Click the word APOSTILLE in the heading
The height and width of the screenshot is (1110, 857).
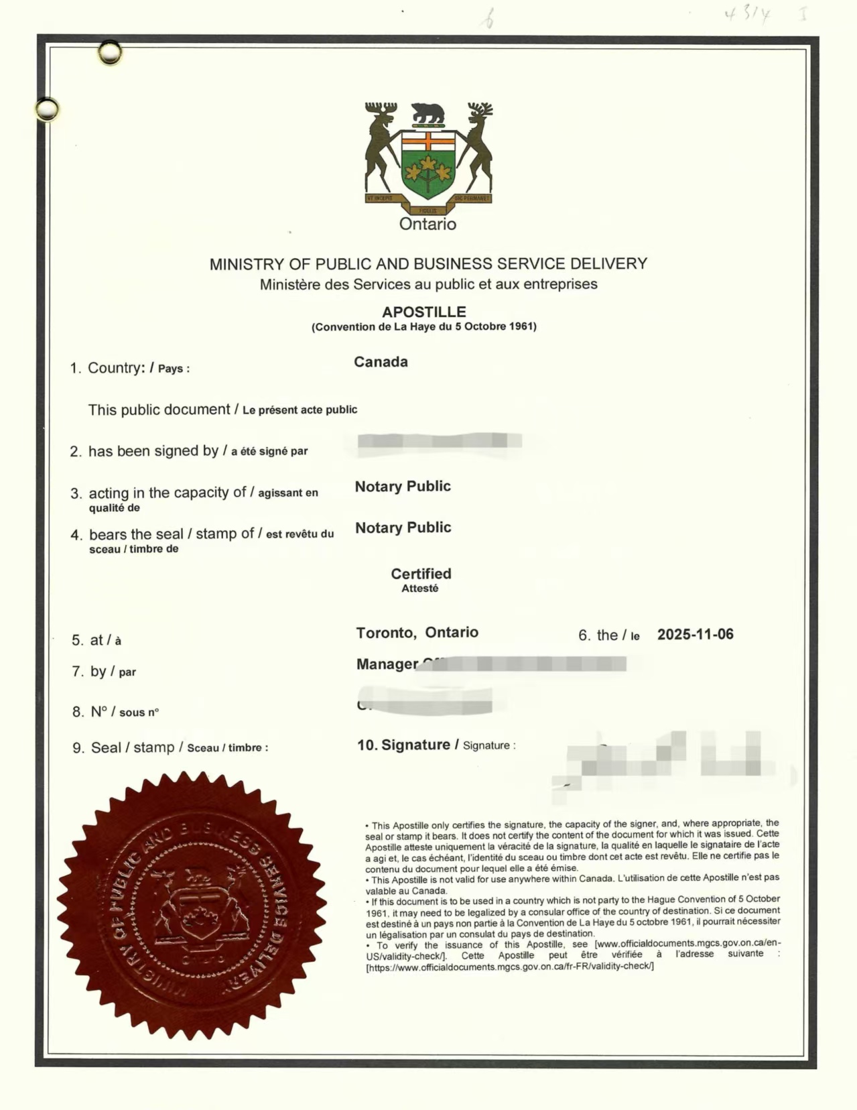pos(423,312)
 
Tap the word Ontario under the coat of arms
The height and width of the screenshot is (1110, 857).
pos(427,224)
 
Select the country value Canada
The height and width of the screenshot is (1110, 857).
pos(381,362)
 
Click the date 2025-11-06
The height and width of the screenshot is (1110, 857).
pos(695,634)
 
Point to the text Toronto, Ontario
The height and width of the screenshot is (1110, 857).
pos(417,632)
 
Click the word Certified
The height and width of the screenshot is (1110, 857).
pos(421,574)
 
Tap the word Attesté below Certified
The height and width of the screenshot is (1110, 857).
pos(419,589)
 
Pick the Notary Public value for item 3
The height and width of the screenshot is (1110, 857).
pos(403,486)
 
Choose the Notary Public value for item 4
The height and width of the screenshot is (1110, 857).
pos(403,528)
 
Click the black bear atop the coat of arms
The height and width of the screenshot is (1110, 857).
pos(427,113)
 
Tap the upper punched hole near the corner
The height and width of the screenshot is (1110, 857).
pos(110,52)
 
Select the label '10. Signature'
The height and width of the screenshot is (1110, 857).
pos(403,745)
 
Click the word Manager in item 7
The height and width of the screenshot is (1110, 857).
pos(387,664)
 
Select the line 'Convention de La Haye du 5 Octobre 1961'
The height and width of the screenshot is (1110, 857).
pos(423,327)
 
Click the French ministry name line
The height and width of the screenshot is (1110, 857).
pos(428,284)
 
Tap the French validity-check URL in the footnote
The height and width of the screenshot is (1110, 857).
pos(509,966)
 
